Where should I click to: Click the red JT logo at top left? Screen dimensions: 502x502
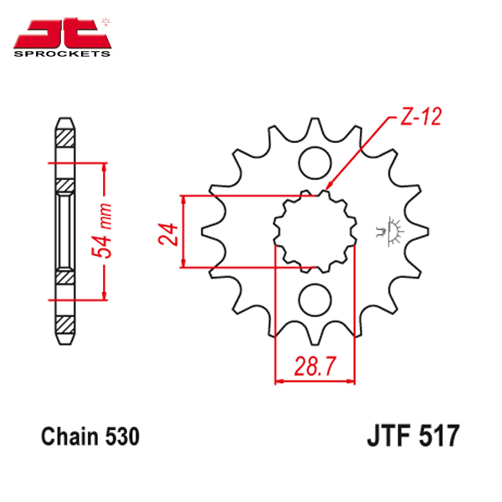(62, 33)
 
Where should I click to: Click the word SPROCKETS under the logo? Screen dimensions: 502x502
(62, 54)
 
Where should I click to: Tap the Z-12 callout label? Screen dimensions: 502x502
(421, 116)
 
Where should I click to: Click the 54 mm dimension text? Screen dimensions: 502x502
(102, 231)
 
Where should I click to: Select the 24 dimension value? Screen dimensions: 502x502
(168, 234)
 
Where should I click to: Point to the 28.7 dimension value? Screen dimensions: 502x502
(315, 366)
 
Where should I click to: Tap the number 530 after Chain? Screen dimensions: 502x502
(123, 437)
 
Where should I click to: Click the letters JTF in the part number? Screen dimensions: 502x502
(389, 435)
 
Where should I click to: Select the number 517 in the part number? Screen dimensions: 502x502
(439, 435)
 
